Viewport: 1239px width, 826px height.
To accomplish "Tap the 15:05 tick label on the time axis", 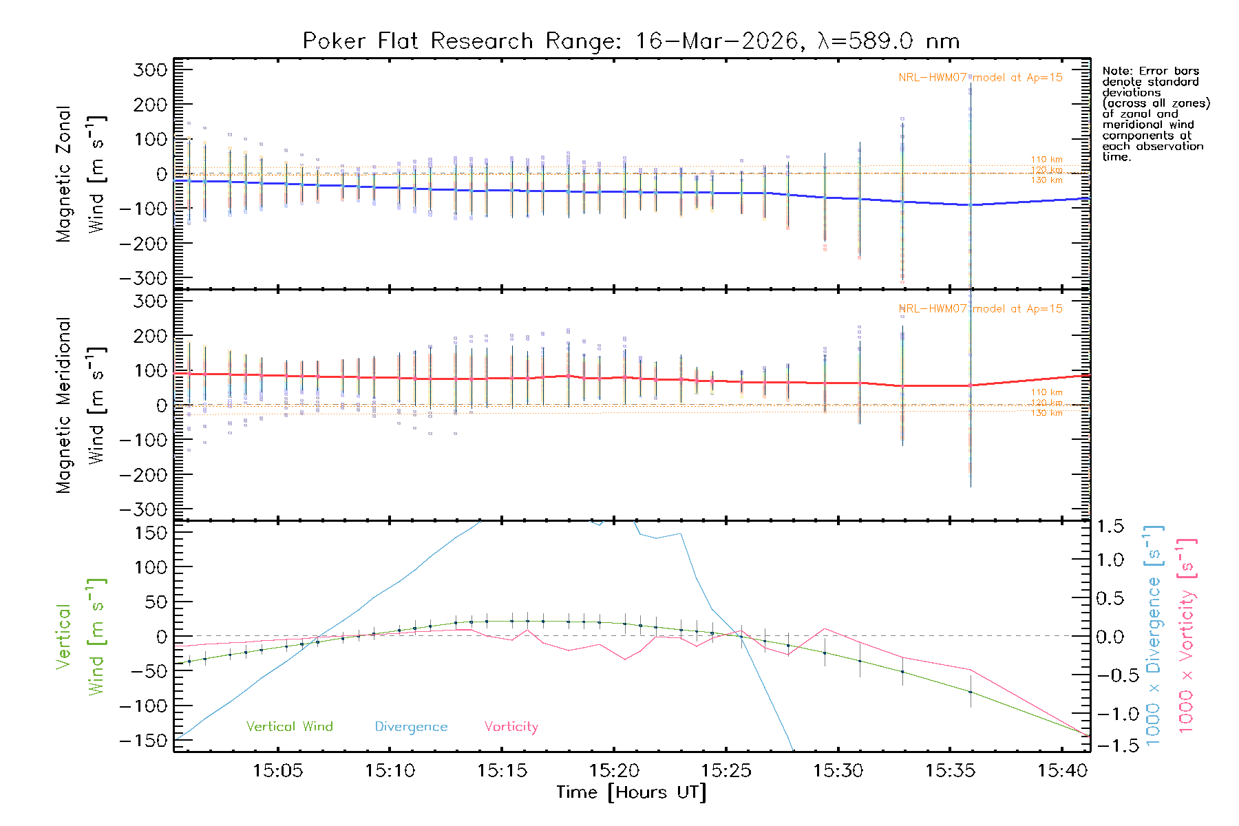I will [277, 771].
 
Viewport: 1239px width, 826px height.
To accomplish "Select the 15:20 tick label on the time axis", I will [614, 771].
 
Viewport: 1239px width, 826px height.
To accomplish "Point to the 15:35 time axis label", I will [950, 771].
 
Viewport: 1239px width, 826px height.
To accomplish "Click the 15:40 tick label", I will [1062, 771].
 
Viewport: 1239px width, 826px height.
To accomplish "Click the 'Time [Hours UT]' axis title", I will [631, 793].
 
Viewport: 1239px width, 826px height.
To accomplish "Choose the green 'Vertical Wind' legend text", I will [289, 727].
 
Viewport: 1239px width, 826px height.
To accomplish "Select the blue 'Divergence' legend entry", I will [411, 727].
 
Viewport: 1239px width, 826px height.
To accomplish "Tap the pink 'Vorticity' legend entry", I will [511, 727].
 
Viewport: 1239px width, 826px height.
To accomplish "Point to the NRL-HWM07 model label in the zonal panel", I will [980, 78].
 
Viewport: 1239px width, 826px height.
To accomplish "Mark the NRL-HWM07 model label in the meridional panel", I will [980, 309].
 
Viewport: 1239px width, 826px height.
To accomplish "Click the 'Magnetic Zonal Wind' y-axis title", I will [81, 173].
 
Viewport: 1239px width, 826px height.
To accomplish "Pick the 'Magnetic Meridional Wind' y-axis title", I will [81, 405].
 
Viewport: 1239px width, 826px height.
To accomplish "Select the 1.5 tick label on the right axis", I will [1110, 527].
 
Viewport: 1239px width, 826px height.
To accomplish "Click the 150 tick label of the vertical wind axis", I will [151, 533].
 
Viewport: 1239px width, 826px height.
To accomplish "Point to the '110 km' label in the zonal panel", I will [1046, 160].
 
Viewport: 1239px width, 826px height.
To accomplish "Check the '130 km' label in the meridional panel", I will [1046, 413].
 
